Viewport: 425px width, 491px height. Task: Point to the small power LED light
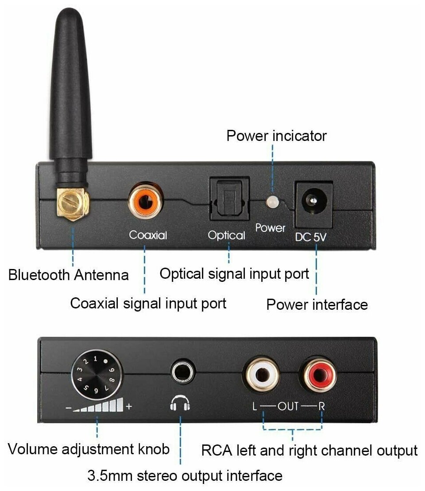[x=272, y=202]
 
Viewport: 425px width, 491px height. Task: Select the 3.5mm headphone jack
[x=181, y=371]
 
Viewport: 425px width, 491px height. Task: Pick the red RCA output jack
[x=317, y=376]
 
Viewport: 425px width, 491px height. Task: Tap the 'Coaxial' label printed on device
[x=148, y=235]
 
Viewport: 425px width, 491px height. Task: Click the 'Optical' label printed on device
[x=227, y=235]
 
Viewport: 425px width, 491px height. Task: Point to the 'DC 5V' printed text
[x=312, y=237]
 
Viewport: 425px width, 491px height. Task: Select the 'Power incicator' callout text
[x=276, y=136]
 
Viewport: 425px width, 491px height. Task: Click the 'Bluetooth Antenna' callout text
[x=69, y=275]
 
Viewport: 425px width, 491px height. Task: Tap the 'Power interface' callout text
[x=317, y=304]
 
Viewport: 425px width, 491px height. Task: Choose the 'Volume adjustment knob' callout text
[x=89, y=449]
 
